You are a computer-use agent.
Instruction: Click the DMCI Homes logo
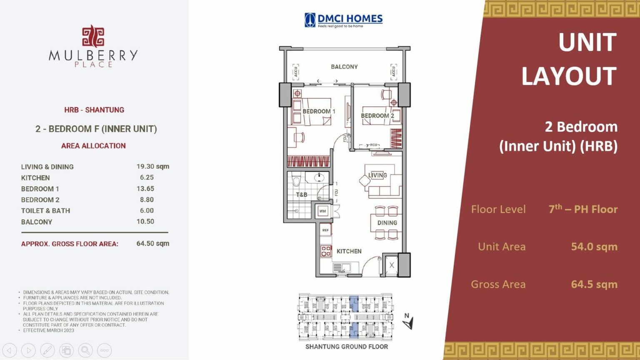click(x=343, y=20)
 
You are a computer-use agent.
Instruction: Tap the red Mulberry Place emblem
click(x=93, y=36)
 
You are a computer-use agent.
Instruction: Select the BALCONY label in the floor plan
click(x=344, y=67)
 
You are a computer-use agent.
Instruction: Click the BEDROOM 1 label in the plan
click(x=319, y=111)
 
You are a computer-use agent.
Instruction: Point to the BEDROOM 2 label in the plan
click(x=377, y=116)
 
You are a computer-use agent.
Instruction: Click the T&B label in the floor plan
click(x=302, y=195)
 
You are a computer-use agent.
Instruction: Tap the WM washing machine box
click(x=322, y=211)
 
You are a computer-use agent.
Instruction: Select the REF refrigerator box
click(x=325, y=230)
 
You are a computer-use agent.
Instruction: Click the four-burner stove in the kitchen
click(x=326, y=251)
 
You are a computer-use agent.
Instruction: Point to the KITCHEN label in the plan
click(x=349, y=251)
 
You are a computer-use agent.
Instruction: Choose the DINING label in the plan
click(x=387, y=223)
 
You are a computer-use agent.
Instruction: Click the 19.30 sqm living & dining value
click(x=152, y=166)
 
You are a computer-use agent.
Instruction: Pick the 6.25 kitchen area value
click(x=147, y=177)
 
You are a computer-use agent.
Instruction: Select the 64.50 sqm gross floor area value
click(x=152, y=243)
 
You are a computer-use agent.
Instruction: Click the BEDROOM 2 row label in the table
click(x=40, y=200)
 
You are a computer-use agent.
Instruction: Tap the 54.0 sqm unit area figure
click(x=594, y=247)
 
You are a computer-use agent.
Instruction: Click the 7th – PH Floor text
click(x=583, y=209)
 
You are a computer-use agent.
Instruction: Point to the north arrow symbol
click(x=408, y=322)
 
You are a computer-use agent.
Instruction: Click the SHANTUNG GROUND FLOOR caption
click(x=346, y=347)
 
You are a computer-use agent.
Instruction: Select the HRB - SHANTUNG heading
click(x=94, y=110)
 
